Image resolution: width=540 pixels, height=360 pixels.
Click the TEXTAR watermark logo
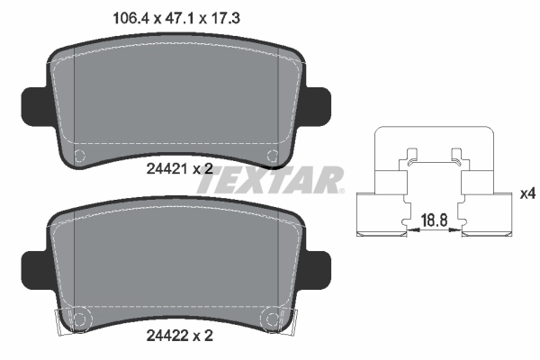tap(270, 181)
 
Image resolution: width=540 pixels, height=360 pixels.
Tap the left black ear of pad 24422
tap(33, 265)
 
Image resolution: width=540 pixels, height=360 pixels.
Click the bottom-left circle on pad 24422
tap(78, 319)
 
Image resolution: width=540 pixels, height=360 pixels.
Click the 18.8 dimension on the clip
tap(435, 218)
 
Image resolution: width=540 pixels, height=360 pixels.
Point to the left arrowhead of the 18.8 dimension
tap(411, 231)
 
